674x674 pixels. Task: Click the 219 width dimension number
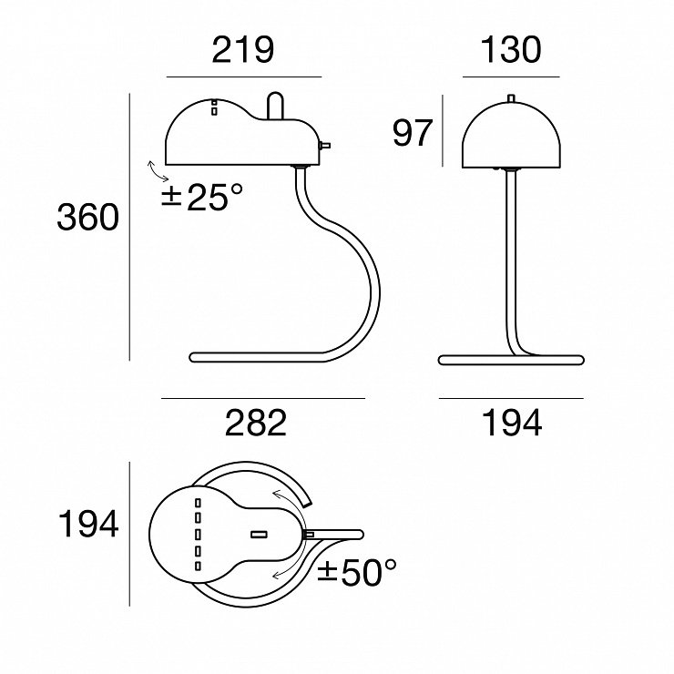[243, 50]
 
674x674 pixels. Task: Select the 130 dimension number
[510, 50]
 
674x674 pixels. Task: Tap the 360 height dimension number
[87, 217]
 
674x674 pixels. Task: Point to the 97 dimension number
[412, 133]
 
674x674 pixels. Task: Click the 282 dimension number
[256, 423]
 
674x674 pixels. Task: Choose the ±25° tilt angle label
[202, 197]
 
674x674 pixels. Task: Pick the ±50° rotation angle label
[357, 572]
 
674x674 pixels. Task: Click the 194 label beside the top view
[88, 524]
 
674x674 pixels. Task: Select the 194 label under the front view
[512, 423]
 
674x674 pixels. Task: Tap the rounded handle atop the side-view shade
[276, 106]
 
